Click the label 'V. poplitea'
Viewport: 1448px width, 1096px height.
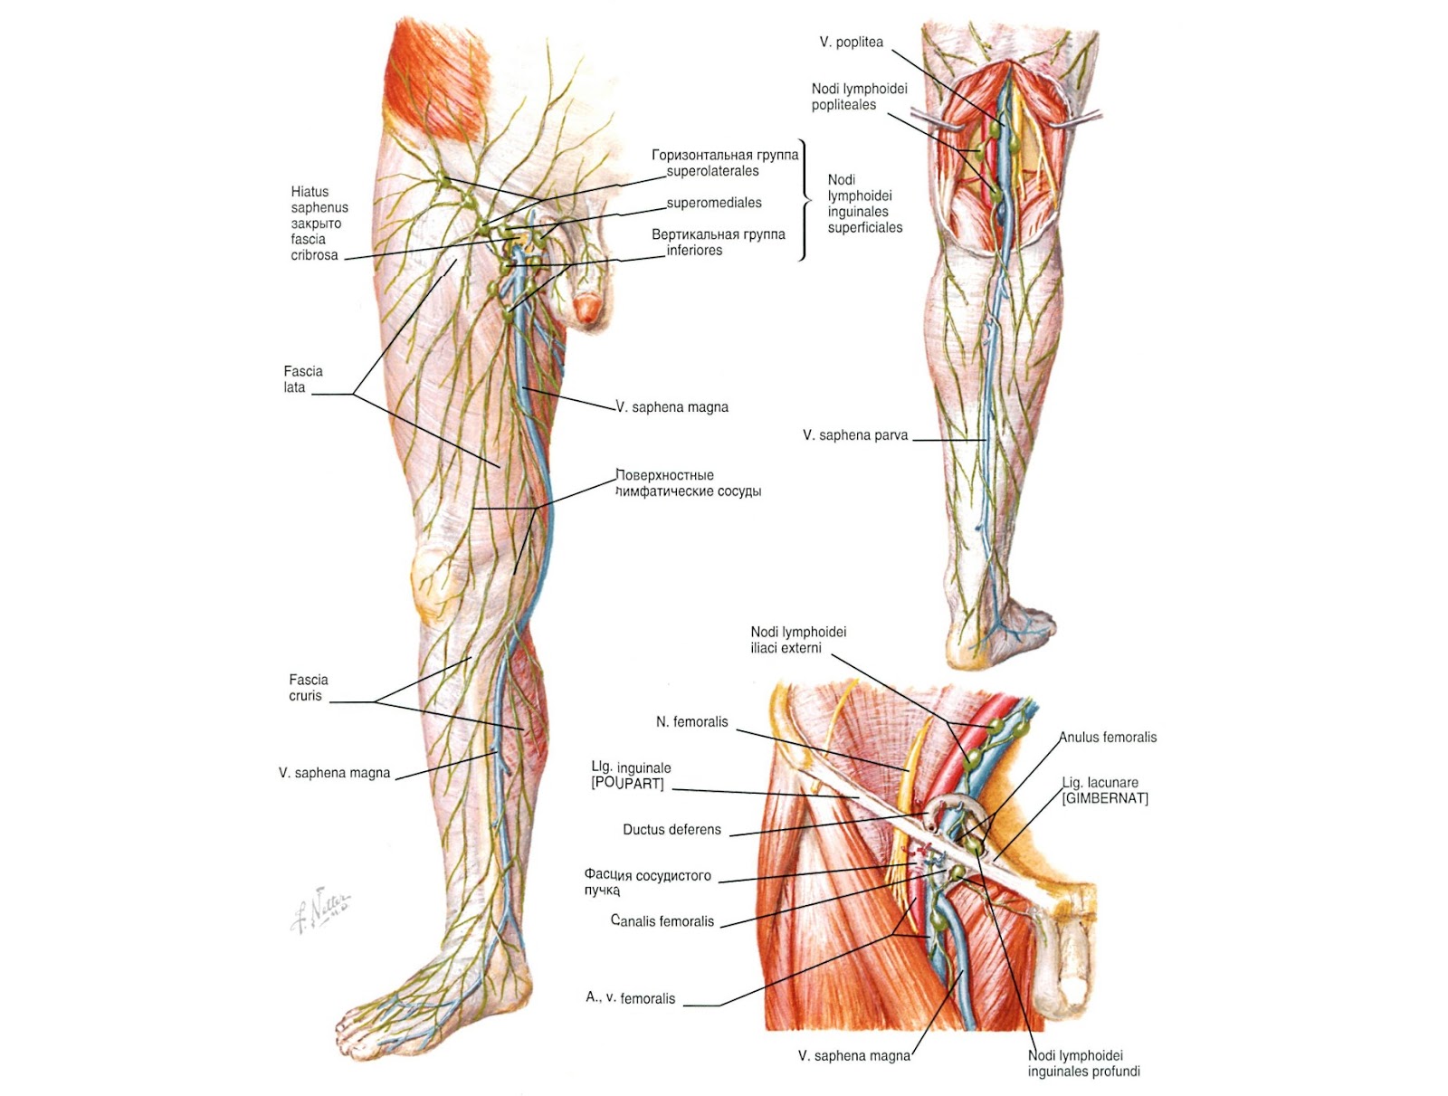point(851,43)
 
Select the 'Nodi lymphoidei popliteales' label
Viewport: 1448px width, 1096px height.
point(858,97)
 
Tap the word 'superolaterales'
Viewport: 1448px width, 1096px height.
point(712,171)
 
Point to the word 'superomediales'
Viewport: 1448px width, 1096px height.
point(714,203)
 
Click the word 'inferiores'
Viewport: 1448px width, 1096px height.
point(694,251)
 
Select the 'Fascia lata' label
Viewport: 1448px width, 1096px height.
point(302,379)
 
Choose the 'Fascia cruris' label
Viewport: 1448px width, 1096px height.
point(308,688)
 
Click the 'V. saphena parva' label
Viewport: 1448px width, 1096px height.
point(854,435)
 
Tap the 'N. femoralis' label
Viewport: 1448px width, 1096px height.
point(691,722)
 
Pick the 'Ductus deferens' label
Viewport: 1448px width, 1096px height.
point(672,830)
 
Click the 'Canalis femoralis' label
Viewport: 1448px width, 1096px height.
point(662,921)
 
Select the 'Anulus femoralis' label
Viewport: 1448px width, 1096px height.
point(1108,738)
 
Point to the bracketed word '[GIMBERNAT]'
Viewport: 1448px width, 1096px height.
point(1105,798)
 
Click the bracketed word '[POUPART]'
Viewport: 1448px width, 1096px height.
point(627,784)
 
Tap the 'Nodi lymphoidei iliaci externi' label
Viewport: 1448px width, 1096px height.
point(797,640)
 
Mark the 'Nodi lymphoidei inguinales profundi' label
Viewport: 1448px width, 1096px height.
point(1082,1063)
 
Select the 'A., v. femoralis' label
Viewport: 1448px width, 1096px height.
point(630,998)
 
